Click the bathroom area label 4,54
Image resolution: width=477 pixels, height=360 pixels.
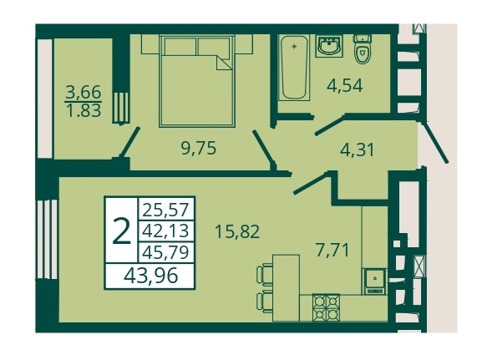tap(345, 86)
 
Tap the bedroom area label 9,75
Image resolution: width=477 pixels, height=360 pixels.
tap(198, 149)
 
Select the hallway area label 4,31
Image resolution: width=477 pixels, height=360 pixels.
tap(357, 150)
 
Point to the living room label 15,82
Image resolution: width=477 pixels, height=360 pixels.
tap(237, 231)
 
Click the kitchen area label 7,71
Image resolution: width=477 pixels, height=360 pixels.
tap(332, 251)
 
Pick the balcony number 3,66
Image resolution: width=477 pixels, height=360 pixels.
tap(83, 92)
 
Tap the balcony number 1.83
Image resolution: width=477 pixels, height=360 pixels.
tap(84, 111)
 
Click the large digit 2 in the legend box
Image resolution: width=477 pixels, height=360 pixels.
tap(121, 231)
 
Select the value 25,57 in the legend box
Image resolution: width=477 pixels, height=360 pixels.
tap(165, 210)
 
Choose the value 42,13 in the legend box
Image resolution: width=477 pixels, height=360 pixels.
tap(165, 231)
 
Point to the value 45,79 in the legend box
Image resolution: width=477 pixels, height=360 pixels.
tap(165, 252)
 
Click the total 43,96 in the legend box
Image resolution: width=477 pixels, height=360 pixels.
tap(150, 276)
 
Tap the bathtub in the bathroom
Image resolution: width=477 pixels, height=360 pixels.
tap(294, 68)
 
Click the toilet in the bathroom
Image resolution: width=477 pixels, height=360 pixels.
tap(363, 48)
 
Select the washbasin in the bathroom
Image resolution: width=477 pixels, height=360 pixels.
tap(329, 46)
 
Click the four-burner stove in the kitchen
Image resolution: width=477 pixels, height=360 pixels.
tap(326, 307)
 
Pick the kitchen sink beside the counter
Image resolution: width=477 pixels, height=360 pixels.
tap(374, 281)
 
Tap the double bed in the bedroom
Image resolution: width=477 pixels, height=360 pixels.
tap(197, 81)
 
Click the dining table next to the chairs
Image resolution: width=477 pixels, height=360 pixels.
tap(286, 288)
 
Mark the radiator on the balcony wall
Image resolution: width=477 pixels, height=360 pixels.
tap(121, 108)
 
